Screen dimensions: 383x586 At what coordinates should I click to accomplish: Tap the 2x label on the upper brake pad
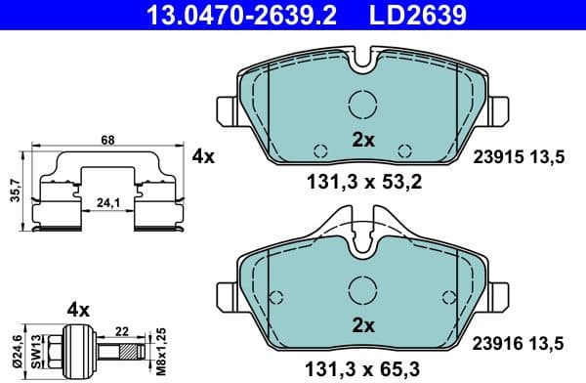tap(363, 140)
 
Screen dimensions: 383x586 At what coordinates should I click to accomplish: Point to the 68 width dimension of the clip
tap(107, 141)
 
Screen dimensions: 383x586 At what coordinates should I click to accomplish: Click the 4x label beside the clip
tap(203, 155)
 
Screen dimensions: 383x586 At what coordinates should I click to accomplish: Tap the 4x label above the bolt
tap(77, 309)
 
